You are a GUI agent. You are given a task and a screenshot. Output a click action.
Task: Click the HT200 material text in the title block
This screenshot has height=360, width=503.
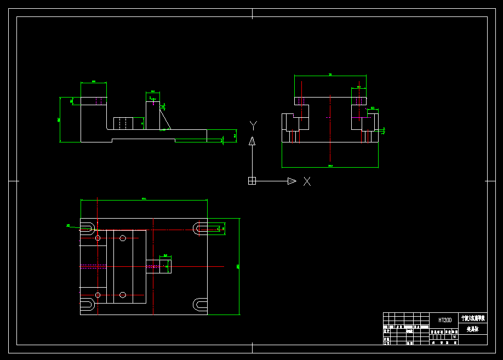coord(445,319)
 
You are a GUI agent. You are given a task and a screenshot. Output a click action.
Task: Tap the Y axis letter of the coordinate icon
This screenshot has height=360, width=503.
coord(253,125)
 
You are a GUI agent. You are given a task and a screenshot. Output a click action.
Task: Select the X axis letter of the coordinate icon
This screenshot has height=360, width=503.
coord(307,181)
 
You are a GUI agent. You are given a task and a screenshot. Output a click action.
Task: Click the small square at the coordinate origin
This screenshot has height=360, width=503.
coord(252,181)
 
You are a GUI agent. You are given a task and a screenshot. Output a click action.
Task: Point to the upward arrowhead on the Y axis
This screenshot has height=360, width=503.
coord(252,141)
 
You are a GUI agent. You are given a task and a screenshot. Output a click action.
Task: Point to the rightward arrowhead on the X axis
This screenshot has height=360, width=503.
coord(292,181)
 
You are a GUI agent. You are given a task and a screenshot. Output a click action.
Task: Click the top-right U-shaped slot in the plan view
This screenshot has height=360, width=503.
coord(200,228)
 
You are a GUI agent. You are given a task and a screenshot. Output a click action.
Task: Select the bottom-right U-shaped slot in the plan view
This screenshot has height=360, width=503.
coord(200,304)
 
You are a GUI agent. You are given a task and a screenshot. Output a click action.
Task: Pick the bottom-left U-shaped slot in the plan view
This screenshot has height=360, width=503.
coord(88,305)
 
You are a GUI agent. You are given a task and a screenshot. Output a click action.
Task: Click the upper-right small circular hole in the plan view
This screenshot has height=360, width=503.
coord(123,238)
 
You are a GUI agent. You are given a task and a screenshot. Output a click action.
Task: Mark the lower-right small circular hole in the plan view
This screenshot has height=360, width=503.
coord(123,295)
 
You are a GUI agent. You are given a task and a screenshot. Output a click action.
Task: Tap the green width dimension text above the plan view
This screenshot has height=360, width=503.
coord(144,198)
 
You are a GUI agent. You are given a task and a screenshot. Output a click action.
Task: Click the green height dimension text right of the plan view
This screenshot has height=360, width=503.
coord(238,266)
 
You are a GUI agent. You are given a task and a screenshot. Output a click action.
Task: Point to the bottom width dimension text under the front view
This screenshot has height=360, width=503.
coord(330,165)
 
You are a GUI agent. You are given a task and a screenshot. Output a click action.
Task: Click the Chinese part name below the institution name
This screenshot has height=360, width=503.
coord(472,330)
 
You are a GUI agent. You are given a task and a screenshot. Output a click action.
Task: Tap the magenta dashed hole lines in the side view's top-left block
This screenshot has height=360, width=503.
coord(101,101)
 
